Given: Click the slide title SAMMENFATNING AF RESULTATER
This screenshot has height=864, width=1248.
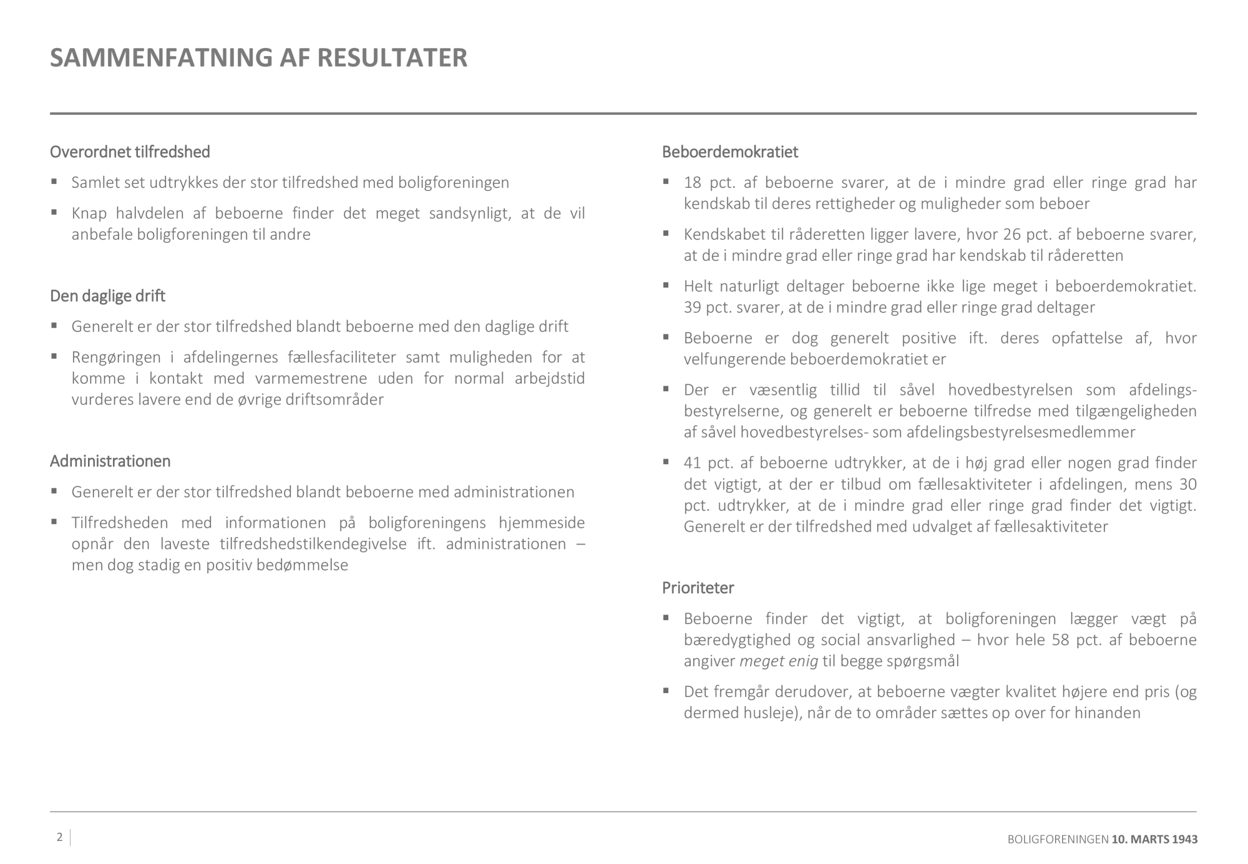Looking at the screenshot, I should pyautogui.click(x=258, y=57).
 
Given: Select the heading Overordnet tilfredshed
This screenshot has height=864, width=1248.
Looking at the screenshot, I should pyautogui.click(x=130, y=152).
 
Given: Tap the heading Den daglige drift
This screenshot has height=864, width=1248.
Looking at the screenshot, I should pyautogui.click(x=107, y=296).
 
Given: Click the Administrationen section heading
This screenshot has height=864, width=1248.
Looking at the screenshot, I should pyautogui.click(x=110, y=461).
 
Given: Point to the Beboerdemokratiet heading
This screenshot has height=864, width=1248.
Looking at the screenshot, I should pyautogui.click(x=729, y=152).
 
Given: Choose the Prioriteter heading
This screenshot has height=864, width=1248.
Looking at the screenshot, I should pyautogui.click(x=698, y=588).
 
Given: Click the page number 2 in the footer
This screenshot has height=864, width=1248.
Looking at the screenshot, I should pyautogui.click(x=59, y=837).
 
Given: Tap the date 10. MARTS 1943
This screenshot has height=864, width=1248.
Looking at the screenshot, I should pyautogui.click(x=1154, y=840).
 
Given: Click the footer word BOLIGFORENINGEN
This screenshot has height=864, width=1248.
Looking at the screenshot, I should pyautogui.click(x=1058, y=840).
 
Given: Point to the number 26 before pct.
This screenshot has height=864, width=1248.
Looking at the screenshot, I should pyautogui.click(x=1012, y=235).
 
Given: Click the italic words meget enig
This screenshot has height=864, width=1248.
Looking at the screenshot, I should pyautogui.click(x=778, y=661).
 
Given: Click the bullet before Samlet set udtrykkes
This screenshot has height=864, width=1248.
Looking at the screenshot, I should pyautogui.click(x=54, y=182).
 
